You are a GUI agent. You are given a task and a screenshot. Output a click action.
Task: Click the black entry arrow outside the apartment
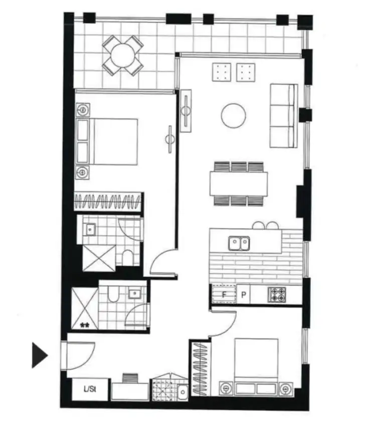[39, 355]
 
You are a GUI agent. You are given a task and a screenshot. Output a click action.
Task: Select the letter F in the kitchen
[224, 295]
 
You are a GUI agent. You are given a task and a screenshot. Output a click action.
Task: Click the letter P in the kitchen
[244, 295]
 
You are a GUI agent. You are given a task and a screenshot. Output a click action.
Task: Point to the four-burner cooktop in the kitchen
[277, 294]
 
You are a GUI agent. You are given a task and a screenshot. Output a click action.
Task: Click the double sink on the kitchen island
[239, 243]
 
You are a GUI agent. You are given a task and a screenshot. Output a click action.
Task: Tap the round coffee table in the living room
[234, 115]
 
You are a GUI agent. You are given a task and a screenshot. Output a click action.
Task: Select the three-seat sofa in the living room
[284, 115]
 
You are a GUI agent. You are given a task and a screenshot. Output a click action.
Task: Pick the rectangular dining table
[239, 184]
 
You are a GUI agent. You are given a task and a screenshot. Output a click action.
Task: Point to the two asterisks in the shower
[85, 325]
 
